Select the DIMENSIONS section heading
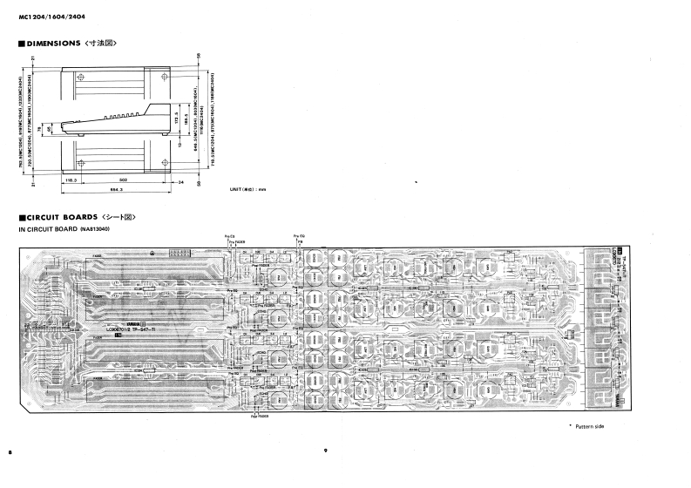point(65,43)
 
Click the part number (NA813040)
point(98,228)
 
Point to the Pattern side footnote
point(587,425)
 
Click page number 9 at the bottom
point(324,451)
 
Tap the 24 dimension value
point(181,182)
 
